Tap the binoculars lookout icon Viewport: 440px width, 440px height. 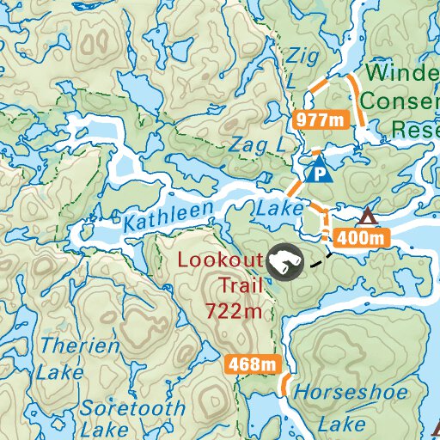[x=284, y=262]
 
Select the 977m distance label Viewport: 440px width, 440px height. [x=321, y=119]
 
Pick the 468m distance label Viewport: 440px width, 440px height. [x=254, y=364]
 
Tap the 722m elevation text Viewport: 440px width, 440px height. [x=234, y=311]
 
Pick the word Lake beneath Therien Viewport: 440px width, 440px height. [x=59, y=373]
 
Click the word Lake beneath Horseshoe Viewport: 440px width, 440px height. [x=341, y=425]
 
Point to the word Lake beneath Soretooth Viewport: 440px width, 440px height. [x=106, y=429]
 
